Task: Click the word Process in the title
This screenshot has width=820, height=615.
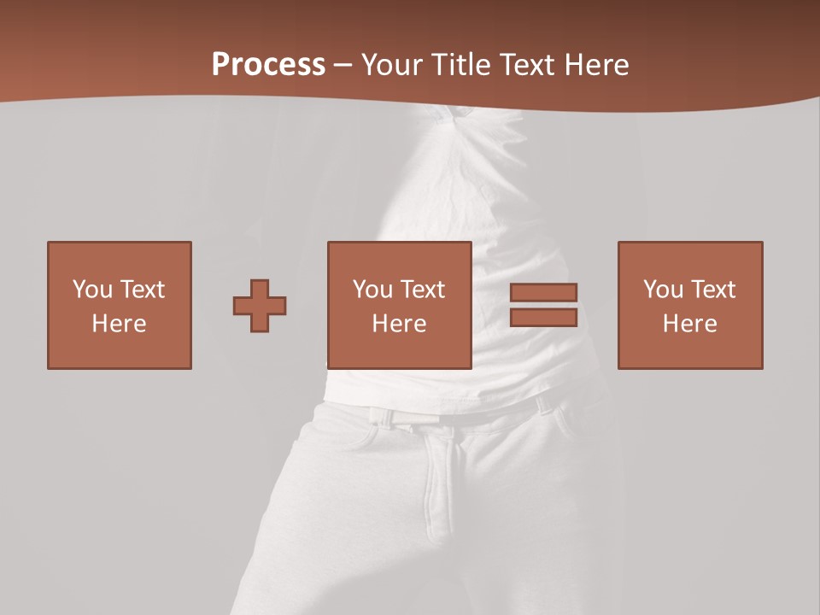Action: (268, 65)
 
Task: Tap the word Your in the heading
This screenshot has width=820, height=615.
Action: (389, 65)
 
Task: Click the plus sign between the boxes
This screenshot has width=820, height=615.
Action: (260, 306)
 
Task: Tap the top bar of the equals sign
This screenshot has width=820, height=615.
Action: (543, 292)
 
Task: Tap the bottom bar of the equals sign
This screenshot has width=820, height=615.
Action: (543, 317)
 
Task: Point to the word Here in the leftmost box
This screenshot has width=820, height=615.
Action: (120, 324)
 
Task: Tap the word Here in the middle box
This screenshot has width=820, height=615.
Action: (400, 324)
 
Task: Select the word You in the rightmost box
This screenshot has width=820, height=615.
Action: (663, 290)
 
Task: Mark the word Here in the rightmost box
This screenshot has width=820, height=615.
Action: (690, 324)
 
